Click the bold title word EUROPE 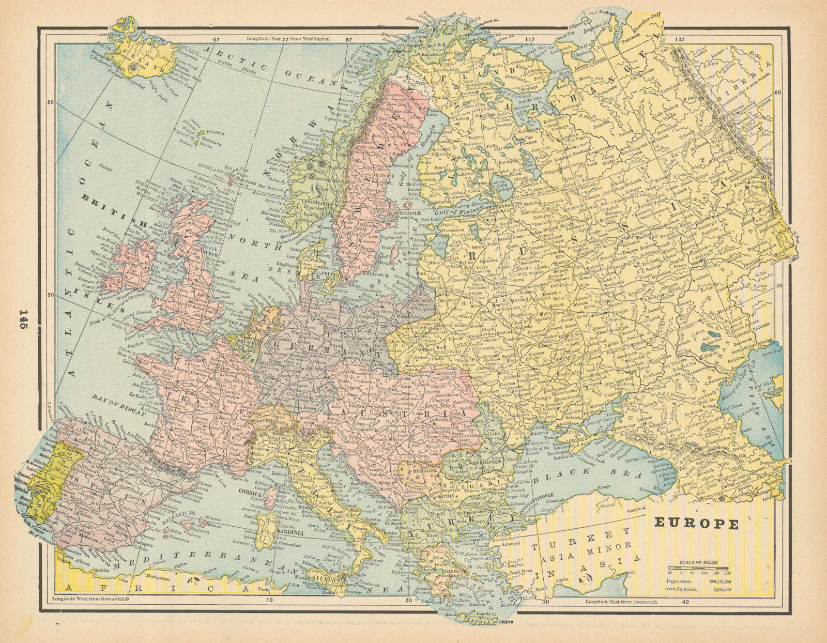tap(697, 523)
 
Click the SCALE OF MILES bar tap(699, 567)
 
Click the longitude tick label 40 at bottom tap(685, 602)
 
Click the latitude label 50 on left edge tap(51, 295)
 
